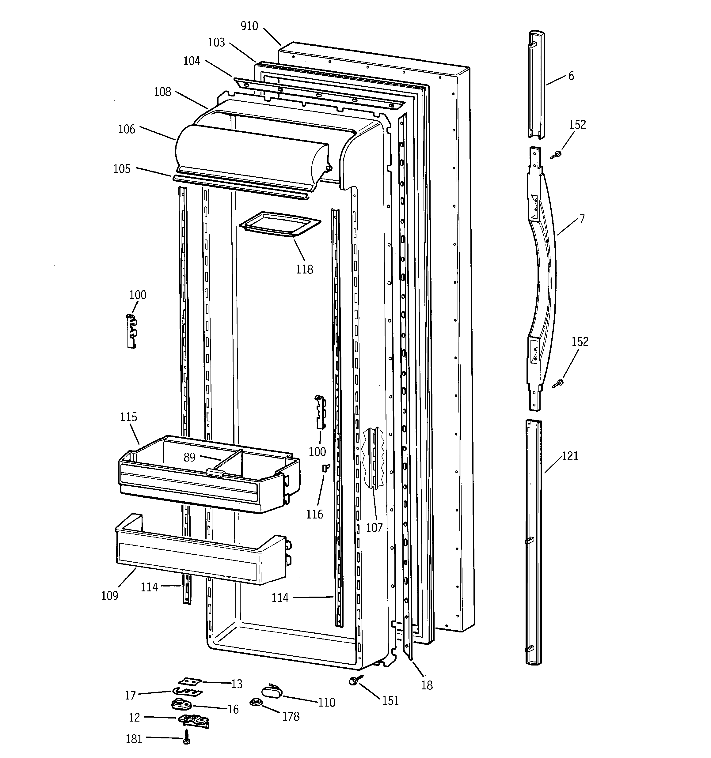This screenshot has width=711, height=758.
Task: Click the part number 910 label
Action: click(249, 26)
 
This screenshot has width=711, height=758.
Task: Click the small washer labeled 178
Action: click(255, 702)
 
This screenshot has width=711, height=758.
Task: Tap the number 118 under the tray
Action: click(304, 270)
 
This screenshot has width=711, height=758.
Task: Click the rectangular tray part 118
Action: click(280, 224)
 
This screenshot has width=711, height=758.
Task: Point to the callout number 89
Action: click(189, 457)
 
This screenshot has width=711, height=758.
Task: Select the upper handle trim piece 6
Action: click(536, 84)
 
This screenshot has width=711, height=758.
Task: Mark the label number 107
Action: click(374, 528)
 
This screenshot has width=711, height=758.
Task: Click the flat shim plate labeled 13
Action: click(190, 681)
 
